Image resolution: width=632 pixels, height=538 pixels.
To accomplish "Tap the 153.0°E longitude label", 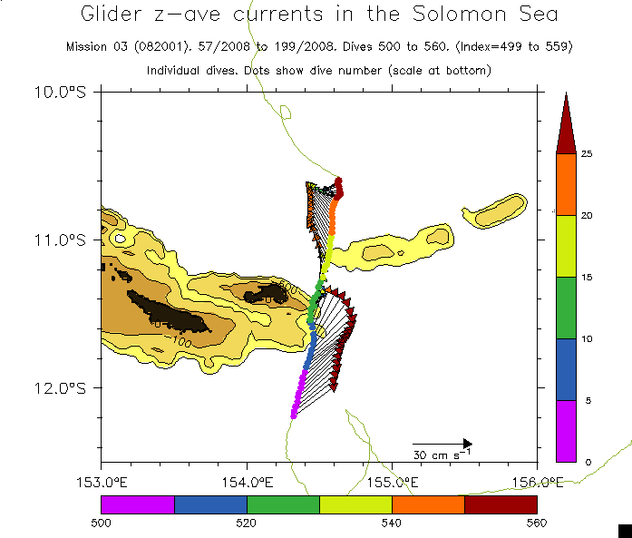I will tap(101, 480).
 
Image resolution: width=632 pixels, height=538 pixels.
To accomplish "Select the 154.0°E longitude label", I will tap(247, 480).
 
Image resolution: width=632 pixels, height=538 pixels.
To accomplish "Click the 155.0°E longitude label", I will tap(392, 480).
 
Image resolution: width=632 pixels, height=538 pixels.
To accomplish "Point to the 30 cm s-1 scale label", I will tap(442, 454).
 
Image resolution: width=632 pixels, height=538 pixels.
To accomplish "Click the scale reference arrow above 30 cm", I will tap(442, 442).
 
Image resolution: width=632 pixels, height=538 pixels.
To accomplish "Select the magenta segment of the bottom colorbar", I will tap(137, 504).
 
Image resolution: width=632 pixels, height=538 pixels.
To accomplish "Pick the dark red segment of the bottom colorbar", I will tap(501, 504).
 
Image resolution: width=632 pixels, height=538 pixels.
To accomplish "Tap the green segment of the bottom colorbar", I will tap(283, 504).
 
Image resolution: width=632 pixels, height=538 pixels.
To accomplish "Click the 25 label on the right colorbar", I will tap(587, 154).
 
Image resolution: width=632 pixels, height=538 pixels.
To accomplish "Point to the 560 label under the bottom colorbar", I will tap(537, 522).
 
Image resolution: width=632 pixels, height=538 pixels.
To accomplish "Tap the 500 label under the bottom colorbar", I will tap(101, 522).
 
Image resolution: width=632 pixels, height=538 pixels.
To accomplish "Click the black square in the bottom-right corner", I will tap(624, 530).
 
